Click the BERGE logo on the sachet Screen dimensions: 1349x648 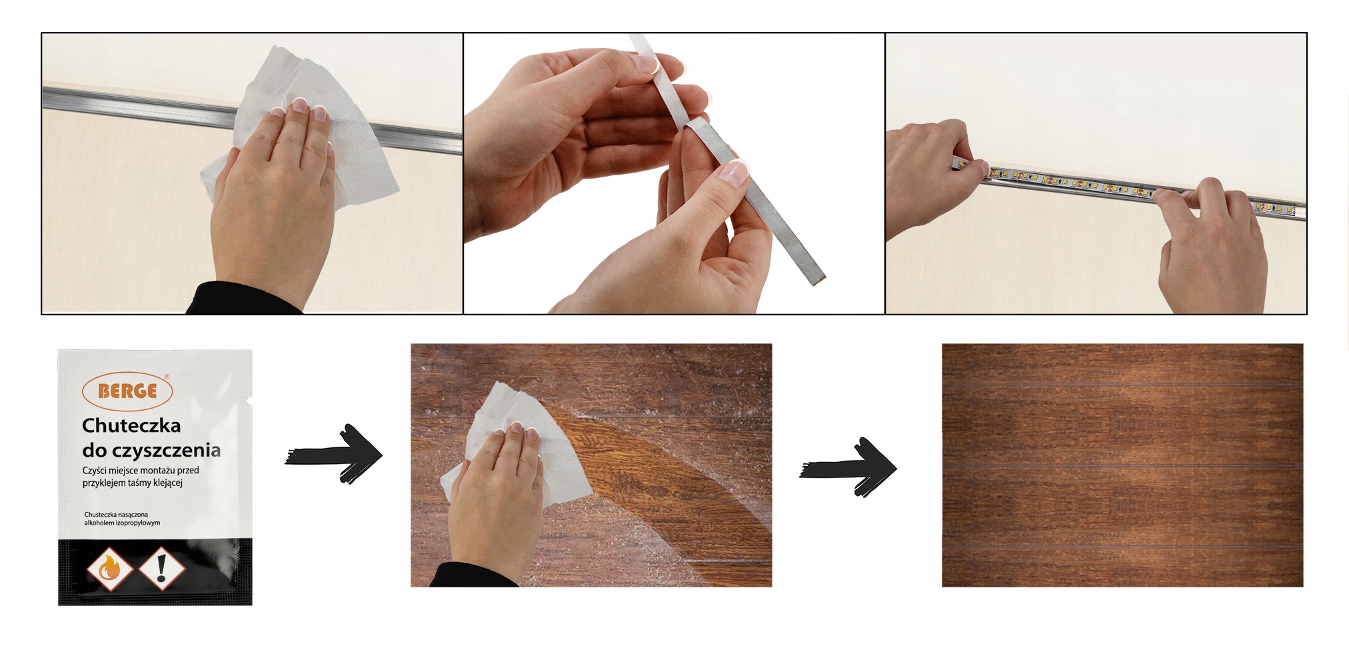click(127, 391)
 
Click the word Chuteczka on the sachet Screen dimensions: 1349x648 click(131, 425)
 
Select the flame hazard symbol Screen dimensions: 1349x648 click(109, 569)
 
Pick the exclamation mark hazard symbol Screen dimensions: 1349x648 click(161, 569)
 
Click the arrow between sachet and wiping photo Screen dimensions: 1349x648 click(333, 454)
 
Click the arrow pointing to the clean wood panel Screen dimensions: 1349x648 click(848, 467)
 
